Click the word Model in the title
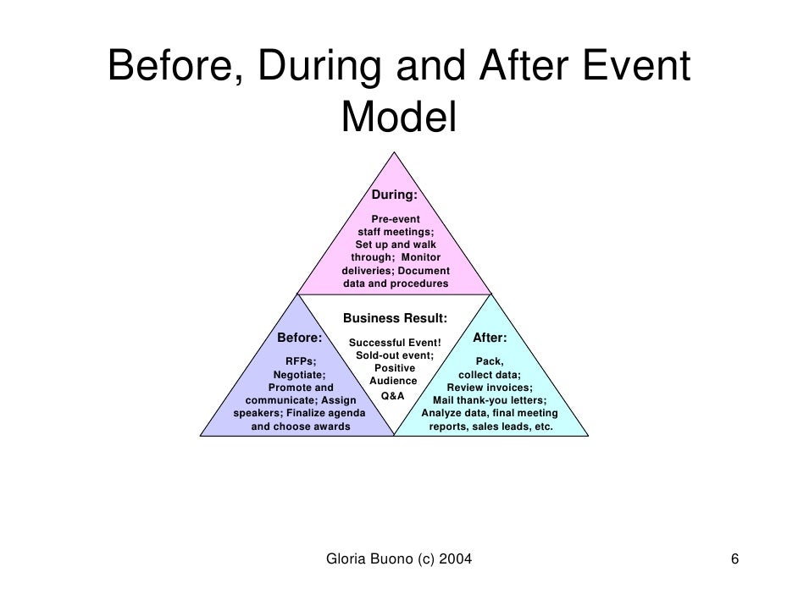click(x=398, y=118)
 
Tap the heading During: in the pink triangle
click(x=395, y=195)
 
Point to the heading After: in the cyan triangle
click(x=490, y=338)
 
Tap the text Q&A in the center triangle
click(x=393, y=396)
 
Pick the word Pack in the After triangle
click(x=488, y=361)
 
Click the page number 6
click(x=734, y=559)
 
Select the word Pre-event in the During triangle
click(x=396, y=219)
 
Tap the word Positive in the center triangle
click(x=395, y=368)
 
